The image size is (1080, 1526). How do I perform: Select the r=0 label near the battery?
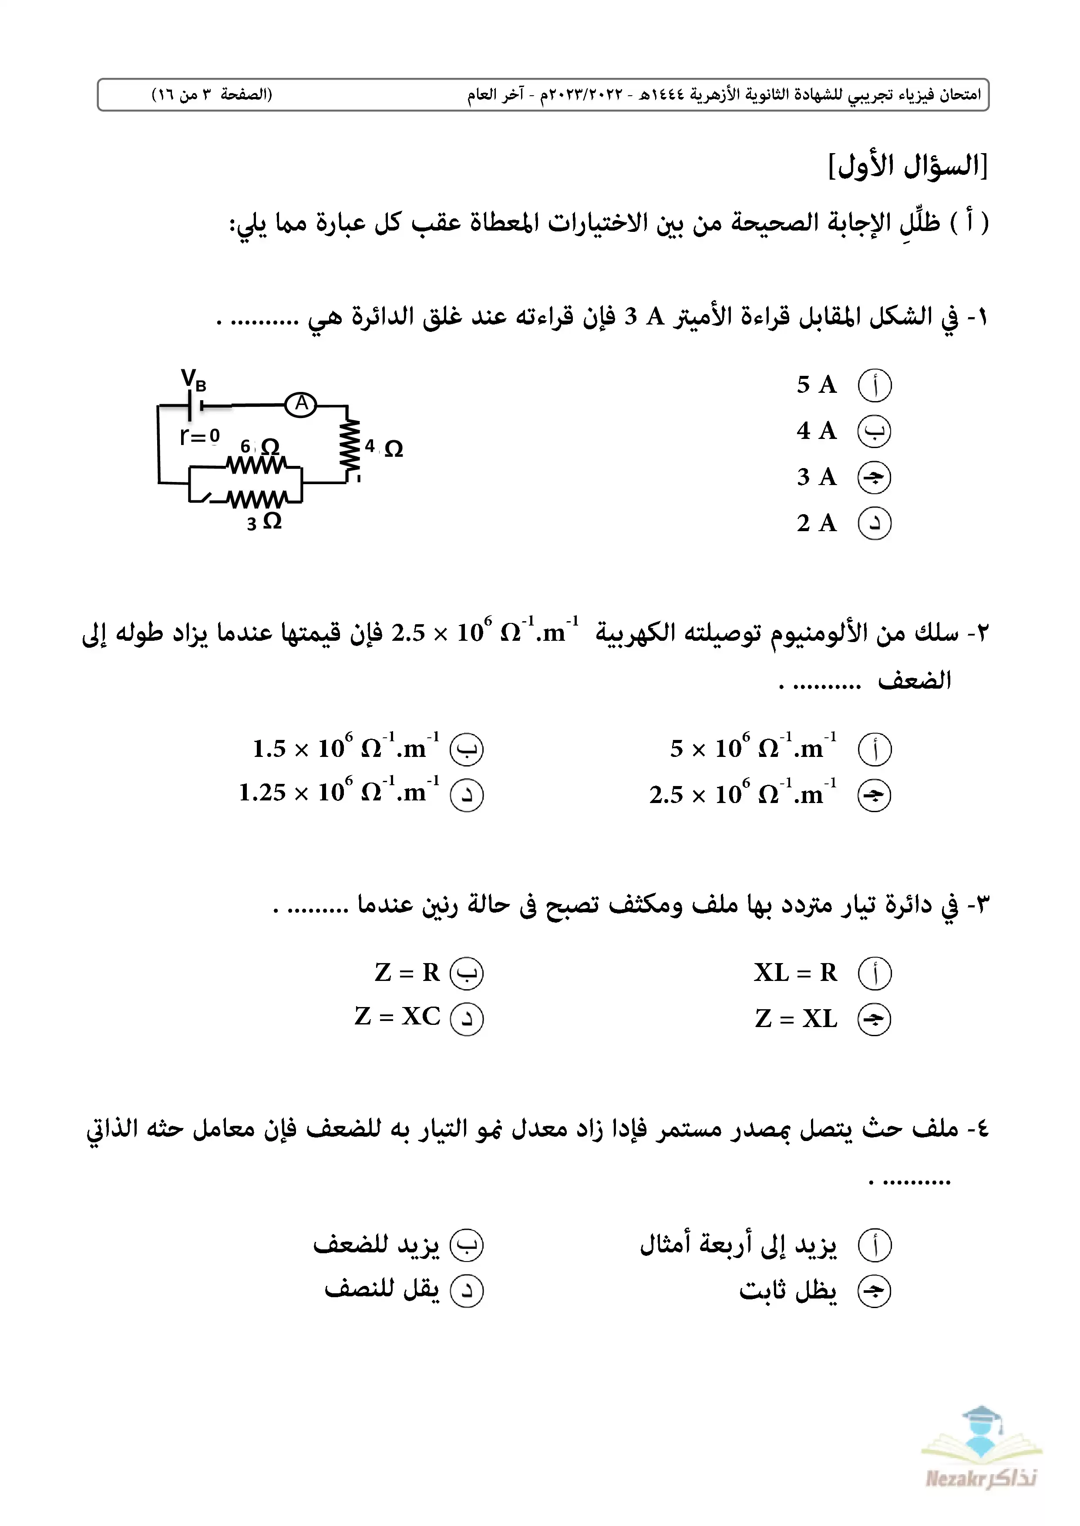199,437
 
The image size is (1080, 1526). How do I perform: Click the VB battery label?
194,381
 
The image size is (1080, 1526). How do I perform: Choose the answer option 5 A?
817,385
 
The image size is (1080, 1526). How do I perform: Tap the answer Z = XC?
398,1017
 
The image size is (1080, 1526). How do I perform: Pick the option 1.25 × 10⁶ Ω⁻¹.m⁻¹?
339,792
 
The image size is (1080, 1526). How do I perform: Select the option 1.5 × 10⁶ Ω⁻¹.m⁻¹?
346,748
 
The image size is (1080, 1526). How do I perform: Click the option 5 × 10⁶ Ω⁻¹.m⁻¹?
753,748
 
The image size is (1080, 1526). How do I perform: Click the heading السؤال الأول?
908,165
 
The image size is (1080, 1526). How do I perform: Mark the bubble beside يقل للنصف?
467,1291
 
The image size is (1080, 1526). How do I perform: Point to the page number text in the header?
212,94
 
